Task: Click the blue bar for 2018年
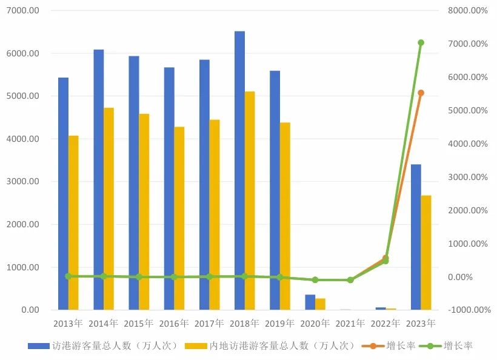(239, 170)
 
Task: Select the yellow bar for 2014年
(108, 208)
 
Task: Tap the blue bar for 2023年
(416, 237)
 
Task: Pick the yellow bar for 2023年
(426, 252)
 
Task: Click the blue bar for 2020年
(310, 302)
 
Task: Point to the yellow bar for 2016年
(179, 218)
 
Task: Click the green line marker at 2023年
(421, 42)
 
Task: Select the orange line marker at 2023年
(421, 93)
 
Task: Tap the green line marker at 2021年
(350, 280)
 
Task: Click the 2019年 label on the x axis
(279, 323)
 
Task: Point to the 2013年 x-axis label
(68, 323)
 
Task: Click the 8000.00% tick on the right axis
(468, 11)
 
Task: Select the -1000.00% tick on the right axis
(468, 310)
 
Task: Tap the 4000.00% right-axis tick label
(468, 144)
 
